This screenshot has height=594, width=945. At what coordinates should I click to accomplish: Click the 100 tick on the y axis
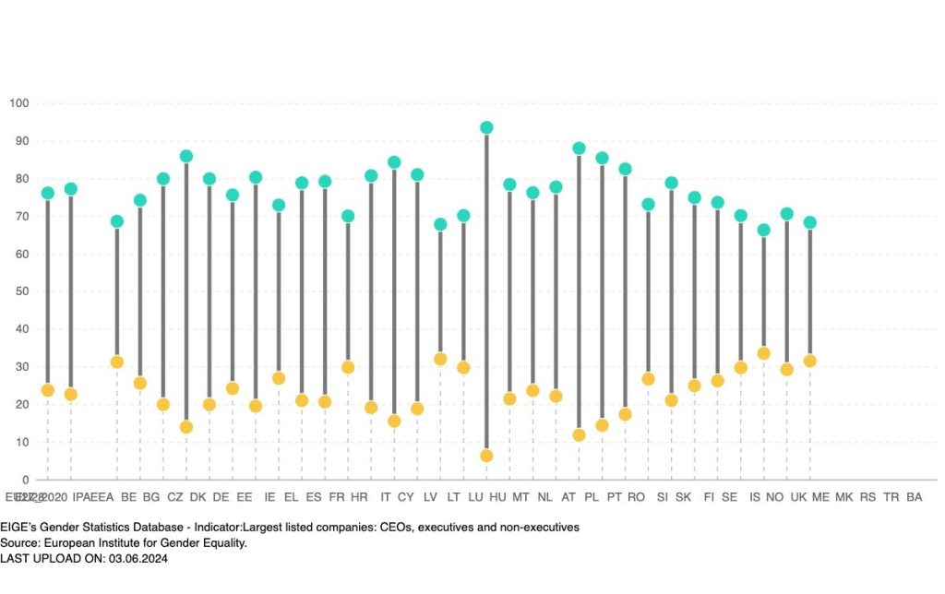pos(18,102)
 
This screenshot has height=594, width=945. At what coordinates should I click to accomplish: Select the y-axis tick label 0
pos(25,480)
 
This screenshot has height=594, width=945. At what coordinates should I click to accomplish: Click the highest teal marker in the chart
pos(486,128)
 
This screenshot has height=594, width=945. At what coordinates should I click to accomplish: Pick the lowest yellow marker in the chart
pos(486,456)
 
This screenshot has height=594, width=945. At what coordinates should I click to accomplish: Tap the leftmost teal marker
pos(47,193)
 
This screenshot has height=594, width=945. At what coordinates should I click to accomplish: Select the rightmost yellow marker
pos(809,361)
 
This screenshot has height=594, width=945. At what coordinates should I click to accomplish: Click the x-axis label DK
pos(197,497)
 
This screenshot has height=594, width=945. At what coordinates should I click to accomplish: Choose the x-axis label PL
pos(592,497)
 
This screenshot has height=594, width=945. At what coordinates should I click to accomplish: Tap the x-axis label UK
pos(798,497)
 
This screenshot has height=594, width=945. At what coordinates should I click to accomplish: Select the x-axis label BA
pos(915,497)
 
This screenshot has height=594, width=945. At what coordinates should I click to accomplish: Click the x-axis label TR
pos(891,497)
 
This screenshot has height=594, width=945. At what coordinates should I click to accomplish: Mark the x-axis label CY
pos(406,497)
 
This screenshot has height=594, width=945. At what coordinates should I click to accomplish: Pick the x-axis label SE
pos(729,497)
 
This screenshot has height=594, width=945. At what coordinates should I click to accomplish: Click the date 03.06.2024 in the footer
pos(137,559)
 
